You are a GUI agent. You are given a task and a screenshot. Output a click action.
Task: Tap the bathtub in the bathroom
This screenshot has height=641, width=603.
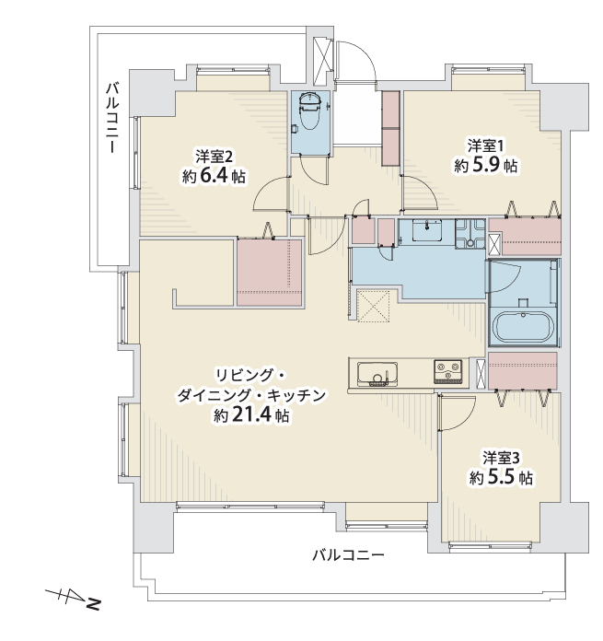pos(523,327)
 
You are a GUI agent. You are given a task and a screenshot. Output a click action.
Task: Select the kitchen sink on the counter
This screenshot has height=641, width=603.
pos(377,374)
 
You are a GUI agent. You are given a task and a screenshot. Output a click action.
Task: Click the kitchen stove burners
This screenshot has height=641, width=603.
pos(447,371)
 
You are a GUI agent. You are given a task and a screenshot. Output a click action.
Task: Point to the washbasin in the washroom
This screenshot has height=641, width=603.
pos(427,230)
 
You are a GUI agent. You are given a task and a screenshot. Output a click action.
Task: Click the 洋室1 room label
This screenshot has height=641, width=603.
pos(485,146)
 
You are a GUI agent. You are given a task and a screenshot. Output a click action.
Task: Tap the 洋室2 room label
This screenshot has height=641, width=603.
pos(215,157)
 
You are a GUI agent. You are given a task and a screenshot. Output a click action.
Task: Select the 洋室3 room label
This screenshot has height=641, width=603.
pos(501,458)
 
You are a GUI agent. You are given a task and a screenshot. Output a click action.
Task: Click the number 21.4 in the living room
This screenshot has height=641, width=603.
pos(250,415)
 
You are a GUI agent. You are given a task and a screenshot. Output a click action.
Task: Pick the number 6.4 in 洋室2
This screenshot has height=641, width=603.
pos(215,177)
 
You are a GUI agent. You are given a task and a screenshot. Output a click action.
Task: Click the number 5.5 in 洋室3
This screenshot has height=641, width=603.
pos(502,477)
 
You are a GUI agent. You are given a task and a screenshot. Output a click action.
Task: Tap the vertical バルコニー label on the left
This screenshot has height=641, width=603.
pos(112,118)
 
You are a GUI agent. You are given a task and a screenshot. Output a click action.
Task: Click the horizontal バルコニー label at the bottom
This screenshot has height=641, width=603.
pos(349,554)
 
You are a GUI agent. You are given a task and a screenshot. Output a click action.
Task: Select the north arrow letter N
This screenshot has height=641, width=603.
pos(94,603)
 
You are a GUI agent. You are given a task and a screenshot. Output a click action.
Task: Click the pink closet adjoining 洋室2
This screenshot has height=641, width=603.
pos(269,273)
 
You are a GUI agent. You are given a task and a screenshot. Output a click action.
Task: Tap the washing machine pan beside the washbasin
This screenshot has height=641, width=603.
pos(470,233)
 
